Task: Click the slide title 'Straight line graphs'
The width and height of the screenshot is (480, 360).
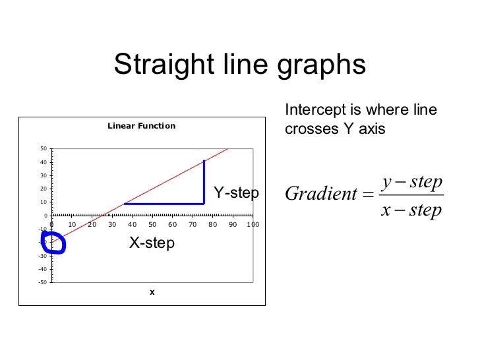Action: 239,65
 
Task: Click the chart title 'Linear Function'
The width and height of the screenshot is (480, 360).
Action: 142,126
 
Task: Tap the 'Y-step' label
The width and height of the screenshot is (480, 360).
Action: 236,193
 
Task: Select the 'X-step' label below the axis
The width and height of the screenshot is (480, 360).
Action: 152,243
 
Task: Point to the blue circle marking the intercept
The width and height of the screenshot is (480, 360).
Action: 53,243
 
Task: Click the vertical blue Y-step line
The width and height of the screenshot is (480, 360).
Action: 204,182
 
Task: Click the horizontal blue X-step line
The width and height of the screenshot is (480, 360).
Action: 164,204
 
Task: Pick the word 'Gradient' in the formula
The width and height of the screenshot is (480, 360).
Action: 320,195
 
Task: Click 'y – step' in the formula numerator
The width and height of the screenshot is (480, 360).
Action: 411,181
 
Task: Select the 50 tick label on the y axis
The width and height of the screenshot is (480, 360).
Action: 43,149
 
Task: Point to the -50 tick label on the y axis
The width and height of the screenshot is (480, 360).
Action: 42,283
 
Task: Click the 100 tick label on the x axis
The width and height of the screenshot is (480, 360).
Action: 253,225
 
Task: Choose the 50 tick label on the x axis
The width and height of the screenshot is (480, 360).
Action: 152,225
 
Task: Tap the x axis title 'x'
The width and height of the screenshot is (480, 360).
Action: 152,292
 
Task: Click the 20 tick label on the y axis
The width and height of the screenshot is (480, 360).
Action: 43,189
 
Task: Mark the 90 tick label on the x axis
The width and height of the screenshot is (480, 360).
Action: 233,225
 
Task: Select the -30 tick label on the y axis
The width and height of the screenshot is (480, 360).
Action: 42,256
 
